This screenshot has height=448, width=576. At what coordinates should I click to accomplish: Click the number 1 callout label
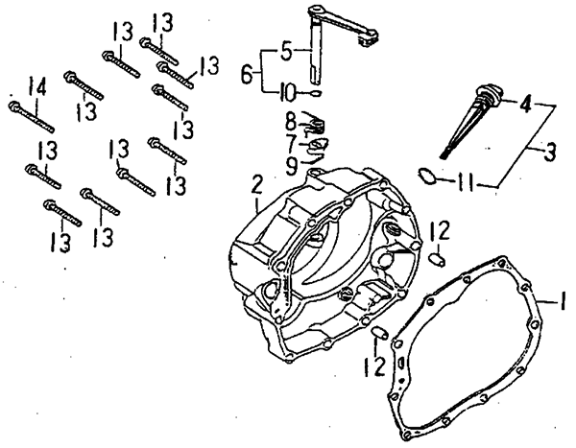[564, 302]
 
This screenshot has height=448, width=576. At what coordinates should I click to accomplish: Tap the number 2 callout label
[256, 183]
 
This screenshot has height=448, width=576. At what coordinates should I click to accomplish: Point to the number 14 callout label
[36, 89]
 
